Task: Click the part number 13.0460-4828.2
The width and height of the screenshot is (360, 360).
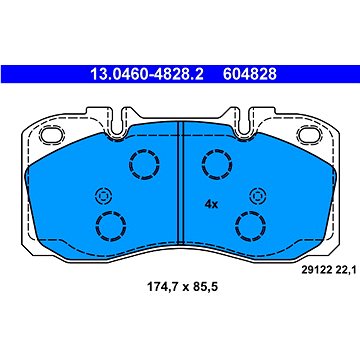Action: [x=147, y=74]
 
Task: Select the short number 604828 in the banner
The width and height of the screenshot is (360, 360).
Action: [x=250, y=74]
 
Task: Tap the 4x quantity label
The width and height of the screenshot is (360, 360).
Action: [x=211, y=204]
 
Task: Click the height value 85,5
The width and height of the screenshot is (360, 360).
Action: [x=205, y=286]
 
